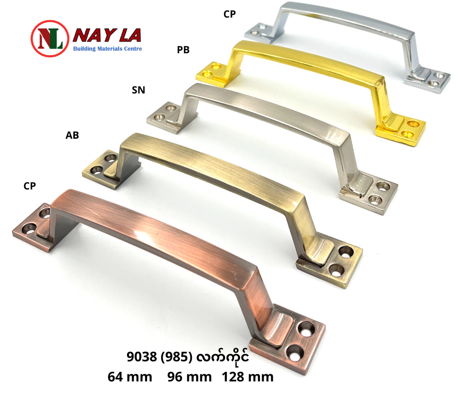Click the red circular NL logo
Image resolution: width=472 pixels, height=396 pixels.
[x=49, y=39]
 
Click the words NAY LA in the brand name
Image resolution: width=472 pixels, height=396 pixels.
[x=107, y=36]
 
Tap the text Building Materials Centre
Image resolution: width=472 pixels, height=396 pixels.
[x=107, y=49]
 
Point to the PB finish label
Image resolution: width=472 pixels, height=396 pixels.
[x=183, y=50]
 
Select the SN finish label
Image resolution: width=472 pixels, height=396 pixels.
[x=139, y=90]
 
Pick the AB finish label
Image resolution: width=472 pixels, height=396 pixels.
[x=72, y=135]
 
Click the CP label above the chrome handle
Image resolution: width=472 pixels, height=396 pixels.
[x=229, y=14]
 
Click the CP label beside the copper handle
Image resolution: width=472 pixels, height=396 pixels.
[x=30, y=186]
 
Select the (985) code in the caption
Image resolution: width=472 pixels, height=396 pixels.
[x=177, y=357]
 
